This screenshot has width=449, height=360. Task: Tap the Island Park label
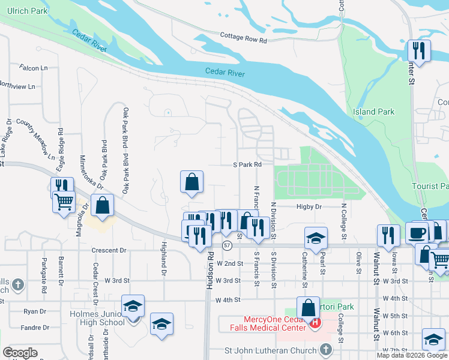373,112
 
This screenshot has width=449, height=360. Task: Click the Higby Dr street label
309,206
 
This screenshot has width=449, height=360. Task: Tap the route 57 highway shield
227,246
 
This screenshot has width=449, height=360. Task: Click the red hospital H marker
315,323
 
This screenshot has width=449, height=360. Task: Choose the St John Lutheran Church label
270,350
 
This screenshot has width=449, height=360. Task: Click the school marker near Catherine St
315,238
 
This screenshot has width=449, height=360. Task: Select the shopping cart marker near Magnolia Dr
64,202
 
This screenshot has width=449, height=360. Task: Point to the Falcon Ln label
33,68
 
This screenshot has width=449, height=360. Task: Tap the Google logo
20,353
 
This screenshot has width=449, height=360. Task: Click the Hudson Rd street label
210,271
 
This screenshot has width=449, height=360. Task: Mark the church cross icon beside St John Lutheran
325,349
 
